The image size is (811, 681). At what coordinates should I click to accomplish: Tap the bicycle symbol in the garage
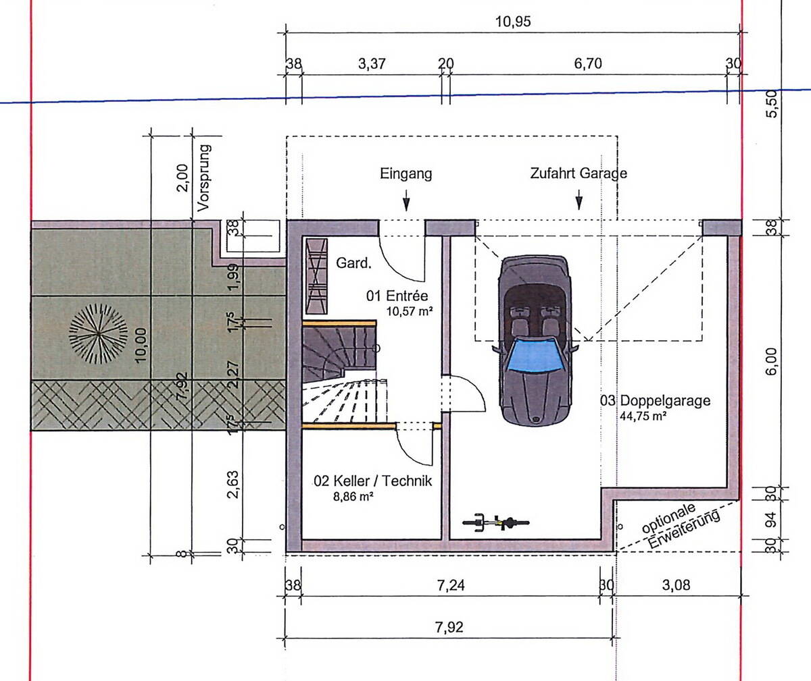pos(495,522)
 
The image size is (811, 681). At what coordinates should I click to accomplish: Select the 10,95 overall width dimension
pos(513,21)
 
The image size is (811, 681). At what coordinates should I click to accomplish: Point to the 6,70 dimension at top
pos(587,64)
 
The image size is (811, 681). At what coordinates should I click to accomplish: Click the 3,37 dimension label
pos(371,64)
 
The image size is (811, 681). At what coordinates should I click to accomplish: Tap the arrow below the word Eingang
pos(405,200)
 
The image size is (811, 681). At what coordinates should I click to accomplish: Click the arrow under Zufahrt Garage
pos(579,200)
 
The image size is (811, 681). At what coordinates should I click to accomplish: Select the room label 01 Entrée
pos(397,296)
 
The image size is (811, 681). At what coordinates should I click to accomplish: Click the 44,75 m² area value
pos(643,416)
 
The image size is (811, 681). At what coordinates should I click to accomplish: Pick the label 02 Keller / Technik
pos(372,481)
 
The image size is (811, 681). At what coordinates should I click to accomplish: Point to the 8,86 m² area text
pos(351,496)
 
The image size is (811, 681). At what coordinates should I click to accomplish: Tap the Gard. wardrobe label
pos(354,263)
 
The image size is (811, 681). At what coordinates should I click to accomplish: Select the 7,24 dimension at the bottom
pos(451,585)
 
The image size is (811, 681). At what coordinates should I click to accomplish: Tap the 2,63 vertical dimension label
pos(232,483)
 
